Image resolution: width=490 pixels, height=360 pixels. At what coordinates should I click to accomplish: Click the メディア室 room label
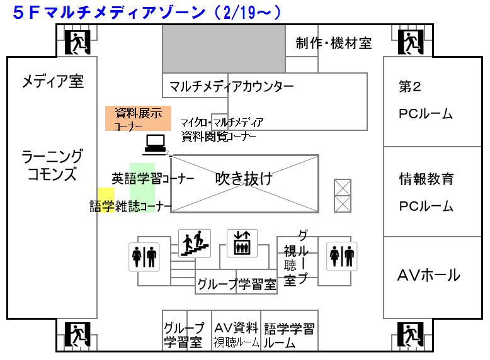[x=53, y=81]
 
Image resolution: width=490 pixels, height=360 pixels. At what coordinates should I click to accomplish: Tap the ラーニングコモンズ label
[x=52, y=165]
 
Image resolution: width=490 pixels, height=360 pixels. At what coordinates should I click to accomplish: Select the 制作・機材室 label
[x=334, y=43]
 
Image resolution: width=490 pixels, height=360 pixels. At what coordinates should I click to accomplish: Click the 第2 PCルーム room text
[x=426, y=100]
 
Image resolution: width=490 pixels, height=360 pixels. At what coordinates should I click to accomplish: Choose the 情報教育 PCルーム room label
[x=426, y=192]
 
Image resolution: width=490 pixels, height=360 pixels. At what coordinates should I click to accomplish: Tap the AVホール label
[x=428, y=275]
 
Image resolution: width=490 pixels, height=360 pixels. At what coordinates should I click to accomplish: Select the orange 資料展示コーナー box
[x=137, y=118]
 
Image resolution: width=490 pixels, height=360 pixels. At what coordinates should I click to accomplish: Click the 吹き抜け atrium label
[x=244, y=179]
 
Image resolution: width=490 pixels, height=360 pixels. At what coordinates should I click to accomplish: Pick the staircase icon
[x=194, y=243]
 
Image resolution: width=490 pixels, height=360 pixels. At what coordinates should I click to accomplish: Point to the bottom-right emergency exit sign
[x=411, y=334]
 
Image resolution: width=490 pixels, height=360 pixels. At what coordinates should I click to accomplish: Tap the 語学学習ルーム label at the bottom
[x=289, y=335]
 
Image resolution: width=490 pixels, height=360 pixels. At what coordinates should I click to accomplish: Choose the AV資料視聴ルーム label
[x=236, y=335]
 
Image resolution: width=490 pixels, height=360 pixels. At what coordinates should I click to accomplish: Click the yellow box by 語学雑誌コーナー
[x=105, y=195]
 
